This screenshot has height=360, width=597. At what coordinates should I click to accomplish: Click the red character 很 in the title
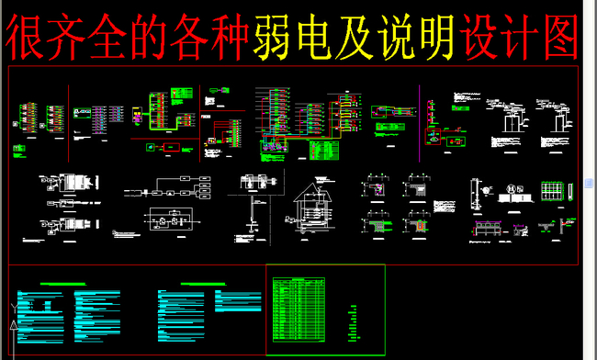point(28,37)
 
